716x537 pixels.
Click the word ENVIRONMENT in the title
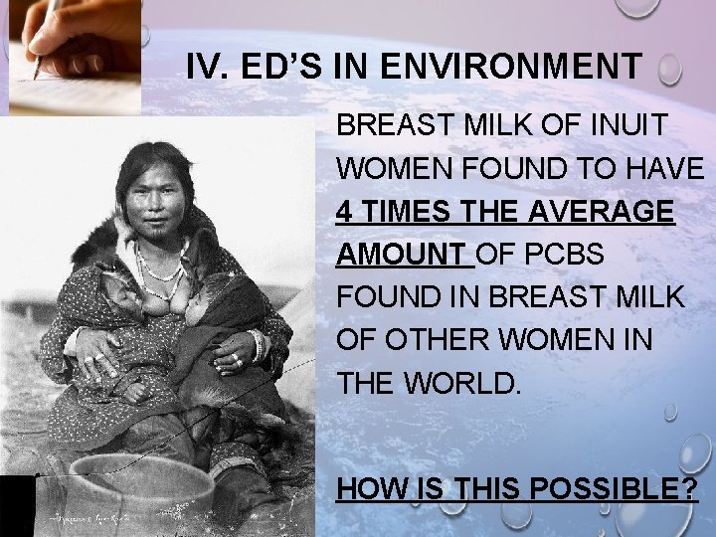[x=537, y=69]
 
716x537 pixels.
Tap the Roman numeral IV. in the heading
[x=207, y=69]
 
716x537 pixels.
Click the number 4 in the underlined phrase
[x=344, y=213]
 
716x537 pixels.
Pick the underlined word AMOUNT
[x=401, y=255]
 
